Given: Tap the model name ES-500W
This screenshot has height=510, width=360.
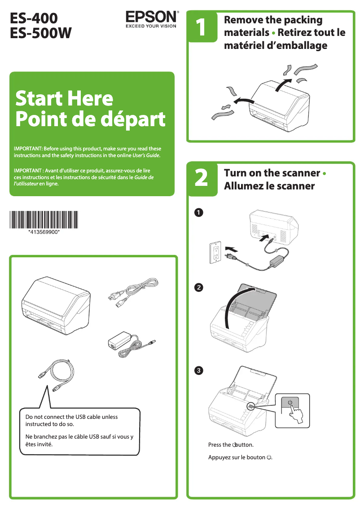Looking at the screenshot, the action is click(x=41, y=33).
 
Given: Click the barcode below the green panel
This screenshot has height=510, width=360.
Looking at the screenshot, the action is click(x=44, y=220).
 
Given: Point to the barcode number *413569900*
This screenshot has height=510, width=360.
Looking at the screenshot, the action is click(x=44, y=232).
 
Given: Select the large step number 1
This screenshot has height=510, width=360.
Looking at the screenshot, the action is click(x=201, y=26).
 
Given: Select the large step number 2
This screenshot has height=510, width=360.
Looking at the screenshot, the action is click(x=201, y=178).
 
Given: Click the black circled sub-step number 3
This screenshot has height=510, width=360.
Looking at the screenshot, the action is click(x=199, y=370).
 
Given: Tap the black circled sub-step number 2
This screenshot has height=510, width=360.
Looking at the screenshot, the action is click(x=199, y=287).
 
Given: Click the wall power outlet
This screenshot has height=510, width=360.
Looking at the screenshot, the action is click(x=215, y=252).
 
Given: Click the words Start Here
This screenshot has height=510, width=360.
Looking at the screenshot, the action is click(x=64, y=98).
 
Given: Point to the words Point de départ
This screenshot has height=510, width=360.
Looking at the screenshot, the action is click(x=90, y=119).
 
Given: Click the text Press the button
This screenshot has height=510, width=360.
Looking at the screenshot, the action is click(x=231, y=444).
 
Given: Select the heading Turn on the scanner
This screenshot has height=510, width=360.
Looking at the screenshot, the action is click(x=272, y=173).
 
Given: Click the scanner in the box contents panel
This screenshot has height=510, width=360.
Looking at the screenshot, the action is click(x=56, y=306).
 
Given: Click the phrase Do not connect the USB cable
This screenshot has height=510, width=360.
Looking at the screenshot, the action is click(x=71, y=417).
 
